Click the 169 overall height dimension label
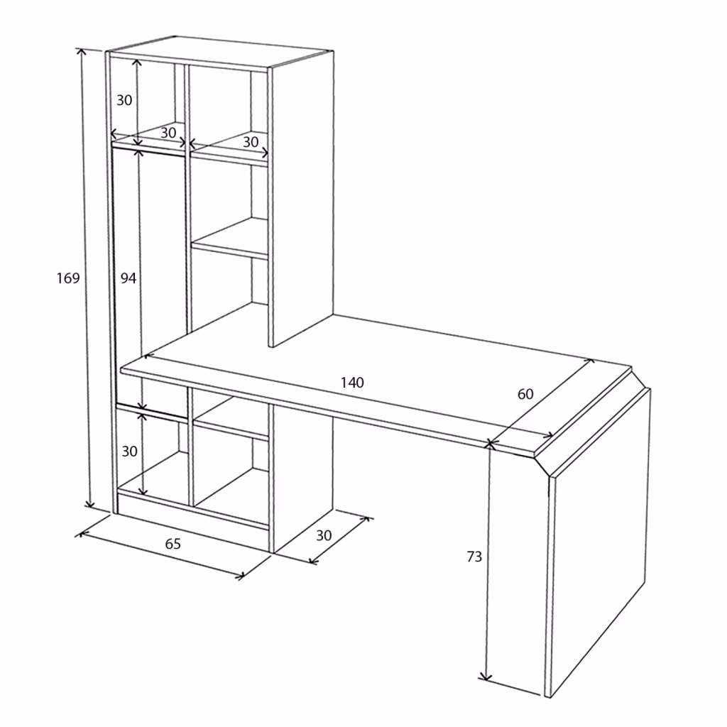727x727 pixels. coord(68,278)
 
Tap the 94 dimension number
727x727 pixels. coord(129,278)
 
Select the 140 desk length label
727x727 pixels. coord(352,383)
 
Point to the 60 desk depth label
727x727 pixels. coord(525,394)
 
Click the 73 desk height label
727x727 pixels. coord(474,557)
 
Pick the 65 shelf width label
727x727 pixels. coord(173,543)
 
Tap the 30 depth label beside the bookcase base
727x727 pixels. coord(324,535)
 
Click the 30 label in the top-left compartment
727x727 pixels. coord(124,100)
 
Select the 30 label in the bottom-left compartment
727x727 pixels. coord(129,451)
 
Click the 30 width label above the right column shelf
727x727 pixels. coord(251,142)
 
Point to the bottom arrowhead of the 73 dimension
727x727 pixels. coord(485,678)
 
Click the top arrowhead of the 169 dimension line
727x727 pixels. coord(82,51)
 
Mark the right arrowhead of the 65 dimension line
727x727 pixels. coord(241,576)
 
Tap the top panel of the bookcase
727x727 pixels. coord(220,52)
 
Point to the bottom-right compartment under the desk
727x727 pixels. coord(231,487)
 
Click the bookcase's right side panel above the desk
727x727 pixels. coord(301,199)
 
